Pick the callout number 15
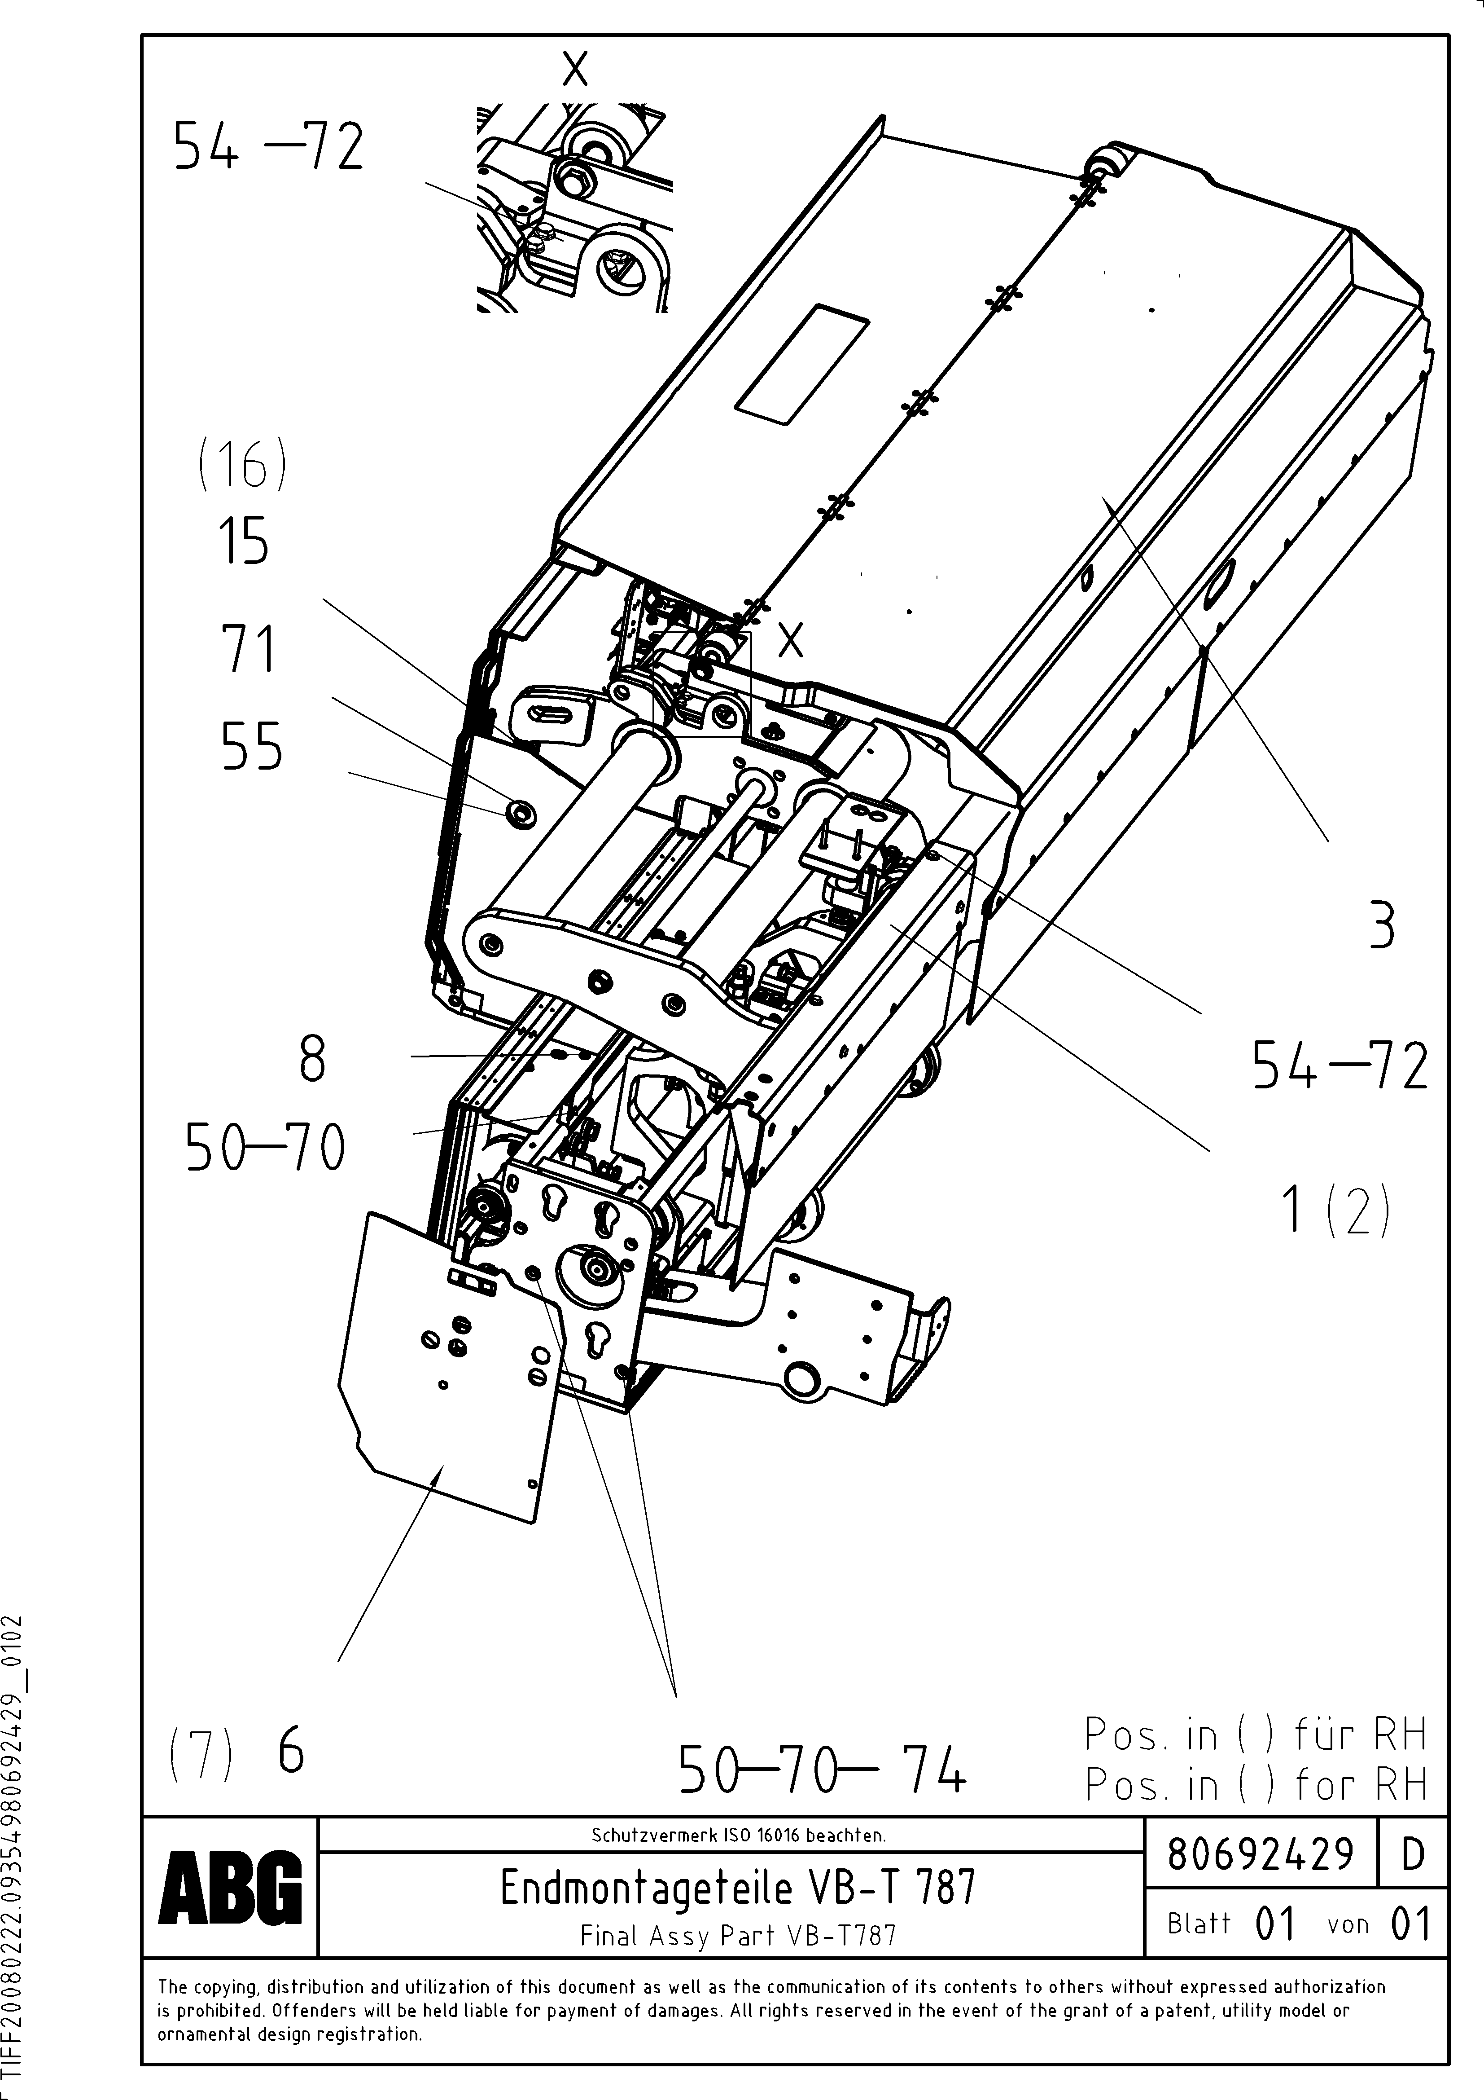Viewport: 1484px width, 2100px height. [x=243, y=542]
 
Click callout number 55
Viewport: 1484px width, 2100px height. [x=251, y=747]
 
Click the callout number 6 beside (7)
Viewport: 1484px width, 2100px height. [x=291, y=1753]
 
